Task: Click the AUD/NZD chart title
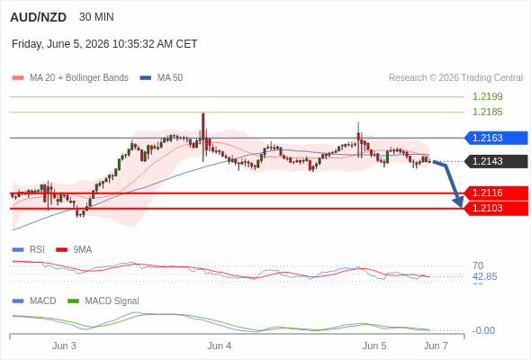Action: point(39,17)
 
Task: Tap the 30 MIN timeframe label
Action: point(96,17)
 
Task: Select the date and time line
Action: point(104,44)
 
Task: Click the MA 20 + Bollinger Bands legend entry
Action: point(70,78)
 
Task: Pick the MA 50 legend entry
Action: point(161,78)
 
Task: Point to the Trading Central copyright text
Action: point(455,78)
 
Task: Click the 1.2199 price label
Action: point(487,97)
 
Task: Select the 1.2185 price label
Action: point(487,112)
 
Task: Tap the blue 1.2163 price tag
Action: point(496,139)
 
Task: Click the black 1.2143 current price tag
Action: point(496,161)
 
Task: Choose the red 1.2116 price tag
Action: point(496,193)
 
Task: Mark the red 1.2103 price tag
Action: point(496,208)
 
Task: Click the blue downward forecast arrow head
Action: point(458,202)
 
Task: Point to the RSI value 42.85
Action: point(484,276)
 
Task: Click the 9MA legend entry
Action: point(74,250)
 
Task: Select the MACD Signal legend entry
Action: point(103,301)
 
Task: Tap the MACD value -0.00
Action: point(483,330)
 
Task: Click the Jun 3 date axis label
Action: point(64,346)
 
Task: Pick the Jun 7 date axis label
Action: point(436,346)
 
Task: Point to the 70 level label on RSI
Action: point(478,265)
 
